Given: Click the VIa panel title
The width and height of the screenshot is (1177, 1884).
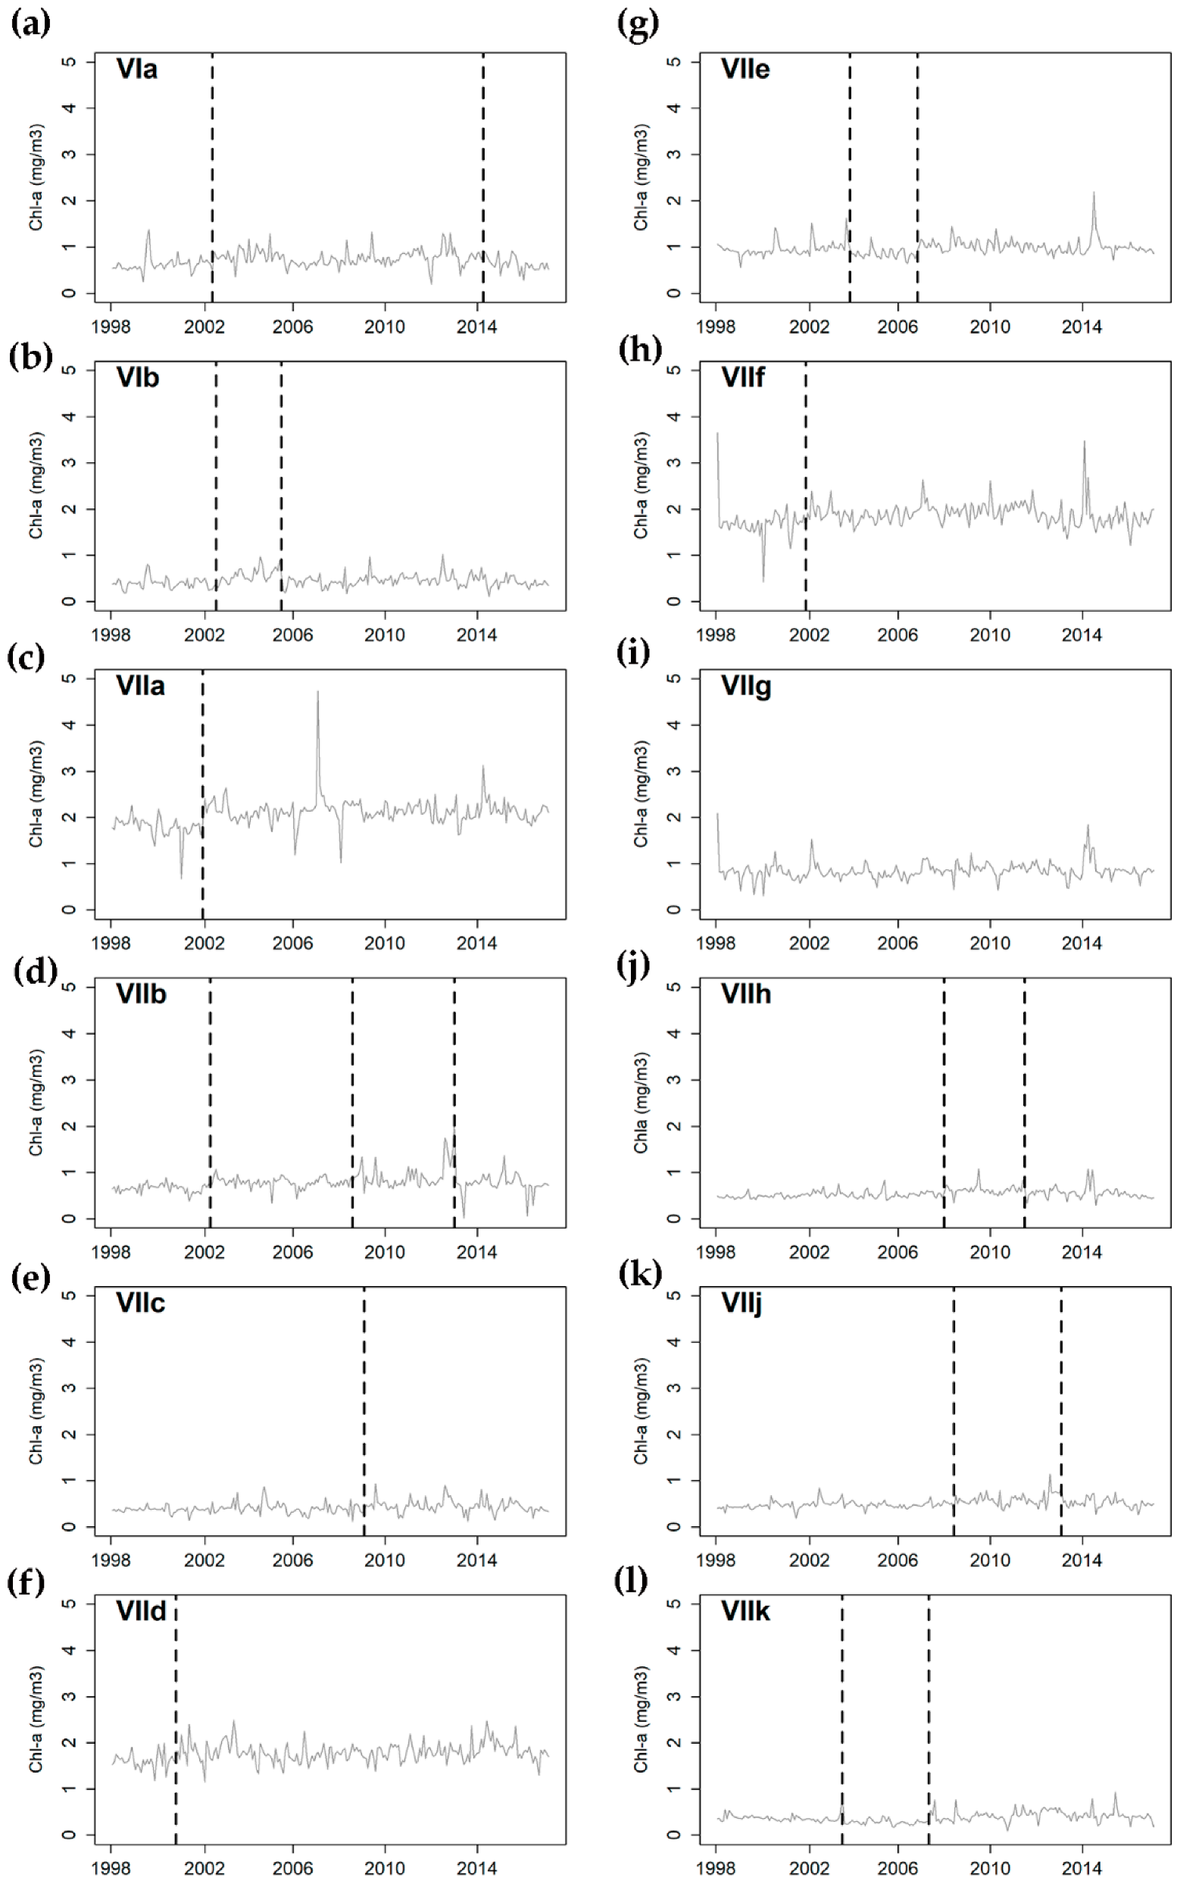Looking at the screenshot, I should pyautogui.click(x=137, y=69).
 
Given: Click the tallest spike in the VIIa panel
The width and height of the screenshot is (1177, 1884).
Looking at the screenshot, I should pyautogui.click(x=317, y=693).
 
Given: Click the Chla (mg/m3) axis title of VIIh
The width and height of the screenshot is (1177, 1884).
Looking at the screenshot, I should pyautogui.click(x=641, y=1103).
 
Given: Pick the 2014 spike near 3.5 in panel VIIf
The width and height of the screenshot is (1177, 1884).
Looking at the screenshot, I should pyautogui.click(x=1084, y=444).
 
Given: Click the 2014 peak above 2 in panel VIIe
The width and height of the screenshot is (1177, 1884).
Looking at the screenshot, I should pyautogui.click(x=1093, y=195).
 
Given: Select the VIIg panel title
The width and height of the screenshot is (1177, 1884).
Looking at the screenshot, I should pyautogui.click(x=746, y=687).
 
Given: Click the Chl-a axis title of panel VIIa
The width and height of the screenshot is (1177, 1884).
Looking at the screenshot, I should pyautogui.click(x=36, y=794).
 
